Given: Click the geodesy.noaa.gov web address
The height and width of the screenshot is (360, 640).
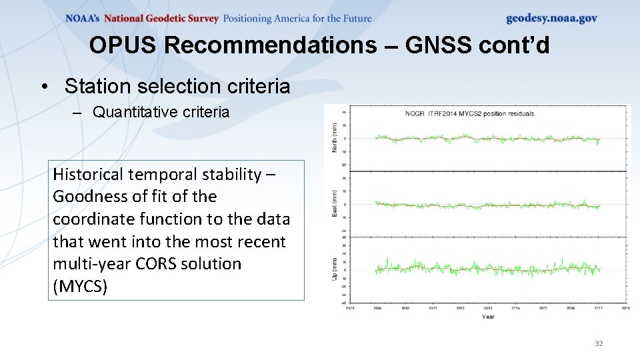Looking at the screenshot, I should (551, 18).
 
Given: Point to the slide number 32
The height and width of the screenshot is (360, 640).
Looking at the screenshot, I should (598, 343).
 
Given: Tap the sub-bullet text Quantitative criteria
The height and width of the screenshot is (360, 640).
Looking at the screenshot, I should (161, 112).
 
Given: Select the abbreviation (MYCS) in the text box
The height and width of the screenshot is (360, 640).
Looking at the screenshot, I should (80, 287).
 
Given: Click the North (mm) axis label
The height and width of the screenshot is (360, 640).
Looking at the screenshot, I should (335, 137).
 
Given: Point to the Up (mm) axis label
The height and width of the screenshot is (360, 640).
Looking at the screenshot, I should (335, 268).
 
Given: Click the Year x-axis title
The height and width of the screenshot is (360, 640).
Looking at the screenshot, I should (488, 317).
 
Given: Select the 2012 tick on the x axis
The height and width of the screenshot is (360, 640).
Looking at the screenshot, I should (461, 308).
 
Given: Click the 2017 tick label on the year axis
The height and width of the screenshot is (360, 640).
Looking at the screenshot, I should (598, 308).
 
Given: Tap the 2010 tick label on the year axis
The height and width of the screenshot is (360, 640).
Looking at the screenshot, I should (405, 308).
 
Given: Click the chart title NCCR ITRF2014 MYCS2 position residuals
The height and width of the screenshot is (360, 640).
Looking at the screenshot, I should (469, 114).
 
